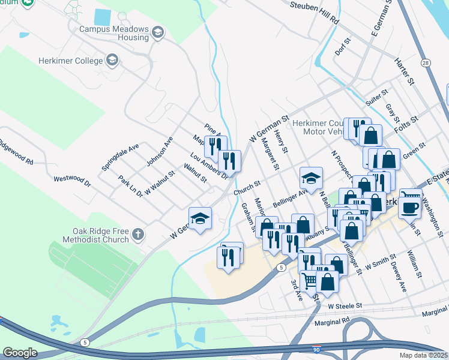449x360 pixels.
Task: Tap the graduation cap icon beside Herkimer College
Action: (112, 60)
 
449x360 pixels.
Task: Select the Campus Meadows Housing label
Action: (113, 32)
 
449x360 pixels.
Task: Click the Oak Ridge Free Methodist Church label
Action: (101, 235)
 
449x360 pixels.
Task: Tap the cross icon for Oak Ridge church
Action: (139, 235)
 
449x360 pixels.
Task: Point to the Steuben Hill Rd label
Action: (315, 13)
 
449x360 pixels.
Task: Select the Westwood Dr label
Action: (71, 179)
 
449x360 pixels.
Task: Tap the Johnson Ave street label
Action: (160, 152)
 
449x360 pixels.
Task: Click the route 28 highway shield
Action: (426, 63)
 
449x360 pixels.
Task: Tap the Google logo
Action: (20, 353)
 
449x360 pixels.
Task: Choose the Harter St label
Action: (405, 71)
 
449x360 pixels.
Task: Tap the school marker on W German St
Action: (200, 218)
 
